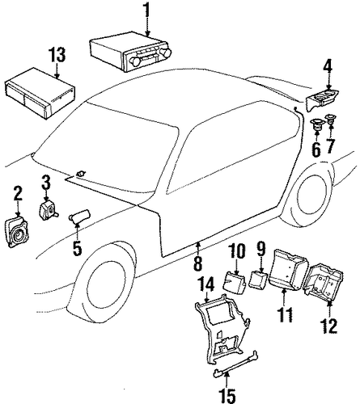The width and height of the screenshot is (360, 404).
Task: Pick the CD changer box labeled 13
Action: pyautogui.click(x=40, y=93)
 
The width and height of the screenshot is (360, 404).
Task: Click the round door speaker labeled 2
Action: pyautogui.click(x=17, y=234)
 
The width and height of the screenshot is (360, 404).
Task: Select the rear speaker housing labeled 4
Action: pyautogui.click(x=323, y=100)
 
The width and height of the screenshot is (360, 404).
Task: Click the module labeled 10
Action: pyautogui.click(x=234, y=284)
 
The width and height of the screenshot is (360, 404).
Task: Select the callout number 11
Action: pyautogui.click(x=286, y=314)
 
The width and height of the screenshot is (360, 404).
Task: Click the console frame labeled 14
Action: pyautogui.click(x=222, y=325)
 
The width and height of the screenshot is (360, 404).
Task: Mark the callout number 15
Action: pyautogui.click(x=228, y=395)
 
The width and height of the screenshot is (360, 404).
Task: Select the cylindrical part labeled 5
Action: pyautogui.click(x=79, y=215)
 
